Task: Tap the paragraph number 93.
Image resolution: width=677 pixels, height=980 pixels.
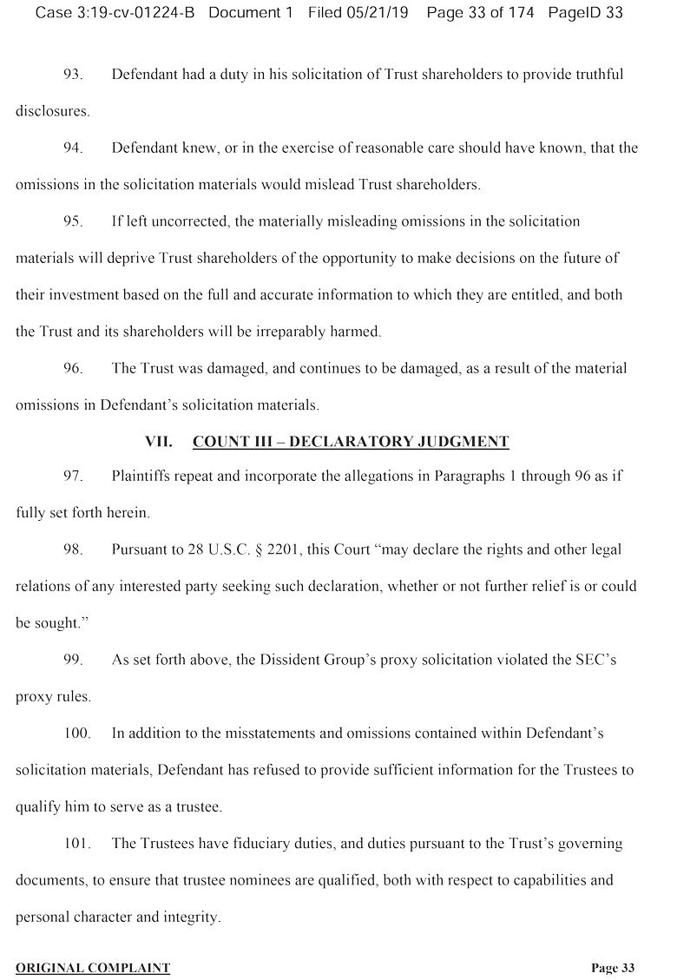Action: coord(73,75)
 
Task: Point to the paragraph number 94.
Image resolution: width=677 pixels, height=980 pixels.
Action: coord(73,148)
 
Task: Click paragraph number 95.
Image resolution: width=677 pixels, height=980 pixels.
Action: coord(73,221)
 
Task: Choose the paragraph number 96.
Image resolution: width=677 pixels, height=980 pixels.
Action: coord(73,368)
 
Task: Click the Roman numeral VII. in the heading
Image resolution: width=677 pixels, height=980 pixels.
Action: coord(159,442)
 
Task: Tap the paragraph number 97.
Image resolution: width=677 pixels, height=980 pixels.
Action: coord(73,476)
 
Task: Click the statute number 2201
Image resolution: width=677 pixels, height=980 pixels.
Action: coord(297,549)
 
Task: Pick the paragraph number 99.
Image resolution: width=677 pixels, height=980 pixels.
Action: coord(73,660)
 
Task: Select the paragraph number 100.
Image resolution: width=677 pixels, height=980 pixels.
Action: coord(77,733)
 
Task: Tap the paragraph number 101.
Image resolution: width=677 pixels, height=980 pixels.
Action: coord(77,844)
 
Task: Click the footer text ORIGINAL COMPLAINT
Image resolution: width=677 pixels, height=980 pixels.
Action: coord(93,968)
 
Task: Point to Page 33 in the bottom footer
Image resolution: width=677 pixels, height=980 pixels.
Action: coord(613,968)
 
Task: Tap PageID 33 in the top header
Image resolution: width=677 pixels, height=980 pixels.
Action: coord(587,14)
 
